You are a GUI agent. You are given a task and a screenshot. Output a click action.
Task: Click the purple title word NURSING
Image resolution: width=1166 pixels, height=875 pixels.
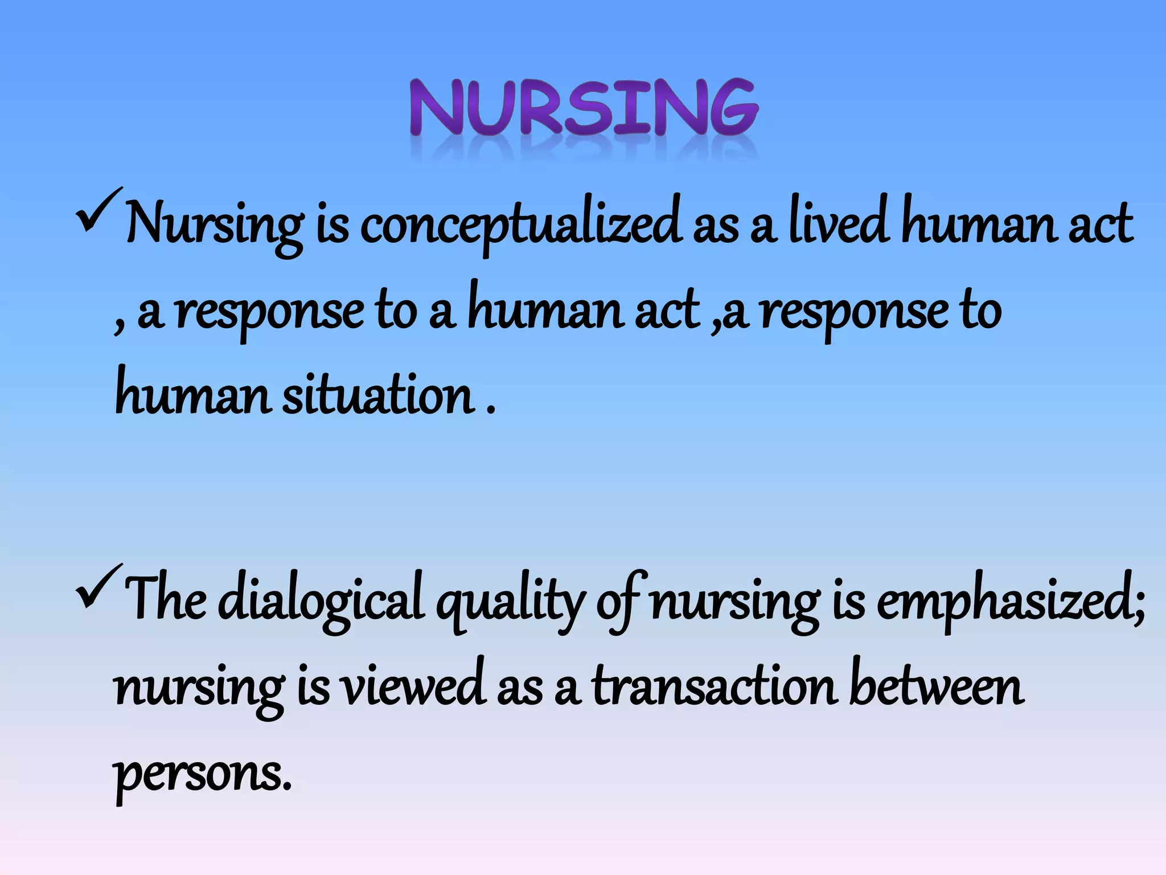click(x=584, y=108)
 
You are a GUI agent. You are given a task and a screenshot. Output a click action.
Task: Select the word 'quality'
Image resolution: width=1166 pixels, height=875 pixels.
click(x=510, y=604)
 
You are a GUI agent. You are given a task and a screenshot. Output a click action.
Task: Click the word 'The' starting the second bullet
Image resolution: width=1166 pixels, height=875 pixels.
click(x=166, y=601)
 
